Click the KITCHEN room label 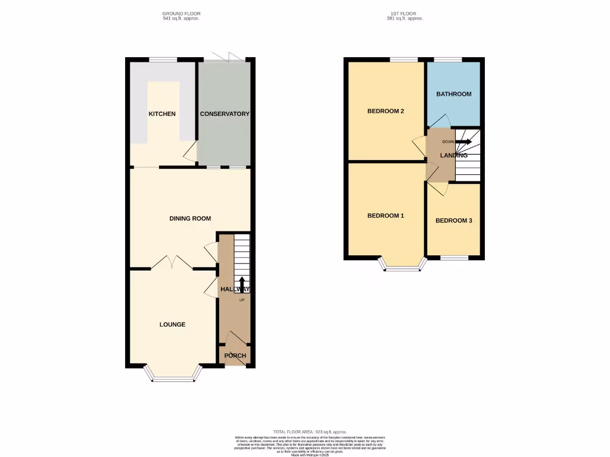tap(162, 114)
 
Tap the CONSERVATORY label tap(225, 114)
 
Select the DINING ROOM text tap(190, 218)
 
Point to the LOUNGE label tap(172, 324)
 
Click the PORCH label tap(235, 356)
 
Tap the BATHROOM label tap(453, 94)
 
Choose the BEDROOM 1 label tap(385, 215)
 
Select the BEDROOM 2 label tap(385, 111)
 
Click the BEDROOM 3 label tap(453, 221)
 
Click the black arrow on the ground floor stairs tap(242, 285)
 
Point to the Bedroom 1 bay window tap(403, 265)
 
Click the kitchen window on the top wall tap(162, 59)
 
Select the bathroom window tap(448, 59)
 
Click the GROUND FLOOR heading tap(181, 13)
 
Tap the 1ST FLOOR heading tap(404, 13)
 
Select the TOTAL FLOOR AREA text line tap(309, 431)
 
